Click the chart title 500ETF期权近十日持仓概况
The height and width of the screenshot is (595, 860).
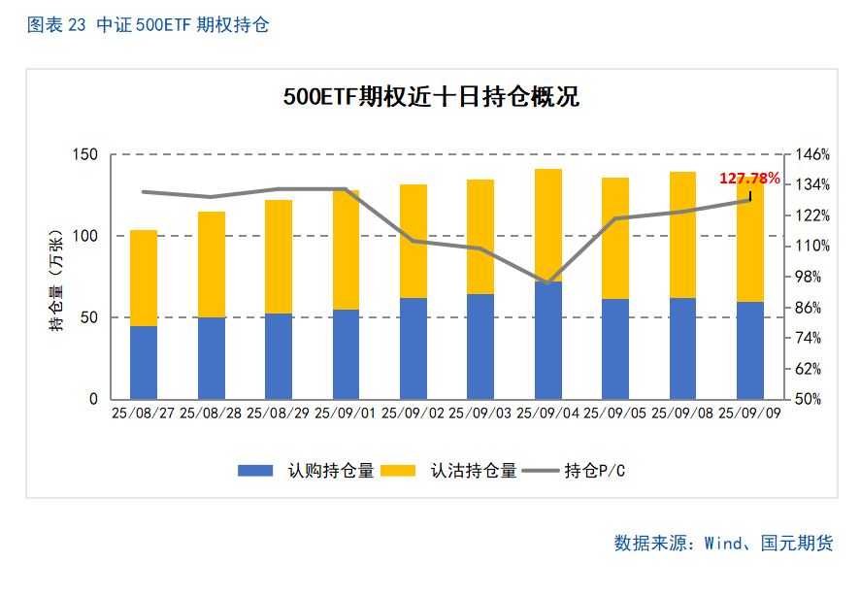(431, 98)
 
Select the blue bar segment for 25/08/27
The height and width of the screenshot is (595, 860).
(144, 362)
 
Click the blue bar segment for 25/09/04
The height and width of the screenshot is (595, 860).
(548, 340)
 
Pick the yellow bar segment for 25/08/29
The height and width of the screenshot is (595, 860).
(279, 256)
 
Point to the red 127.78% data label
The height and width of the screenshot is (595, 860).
(749, 179)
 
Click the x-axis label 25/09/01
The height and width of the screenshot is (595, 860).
(346, 413)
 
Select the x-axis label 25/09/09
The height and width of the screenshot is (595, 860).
(750, 413)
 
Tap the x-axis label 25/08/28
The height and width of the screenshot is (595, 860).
(211, 413)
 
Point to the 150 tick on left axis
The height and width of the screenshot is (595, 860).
(85, 154)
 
